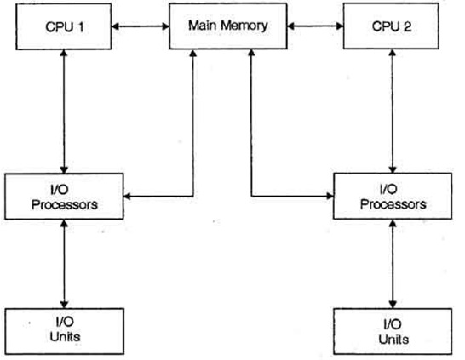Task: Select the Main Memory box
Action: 227,25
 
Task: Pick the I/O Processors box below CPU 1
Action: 63,197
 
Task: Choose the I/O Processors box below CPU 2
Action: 392,197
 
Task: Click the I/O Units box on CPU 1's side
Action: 63,329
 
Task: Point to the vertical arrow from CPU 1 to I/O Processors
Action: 63,111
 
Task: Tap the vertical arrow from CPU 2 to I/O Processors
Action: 392,111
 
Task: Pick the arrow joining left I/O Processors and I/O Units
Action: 63,263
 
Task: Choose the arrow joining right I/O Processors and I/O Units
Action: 392,263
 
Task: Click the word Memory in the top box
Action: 246,25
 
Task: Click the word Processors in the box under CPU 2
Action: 392,204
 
